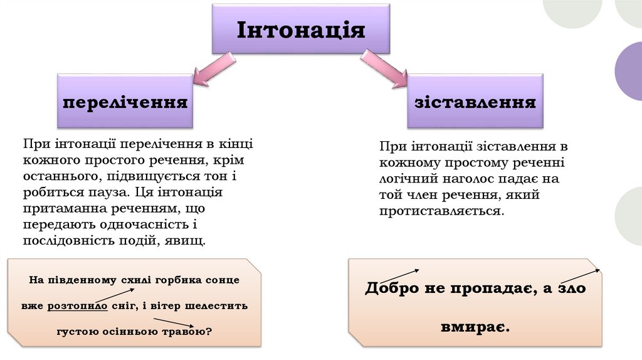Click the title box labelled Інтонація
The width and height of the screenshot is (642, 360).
point(301,29)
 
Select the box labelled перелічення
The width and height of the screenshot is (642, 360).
point(125,102)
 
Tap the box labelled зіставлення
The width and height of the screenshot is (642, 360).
point(475,102)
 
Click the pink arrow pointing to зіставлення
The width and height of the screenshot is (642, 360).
point(385,70)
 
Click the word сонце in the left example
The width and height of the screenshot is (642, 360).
point(224,280)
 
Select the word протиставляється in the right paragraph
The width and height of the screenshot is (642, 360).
point(441,211)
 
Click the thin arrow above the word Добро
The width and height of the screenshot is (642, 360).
point(400,275)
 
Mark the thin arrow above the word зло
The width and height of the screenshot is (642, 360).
point(579,276)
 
